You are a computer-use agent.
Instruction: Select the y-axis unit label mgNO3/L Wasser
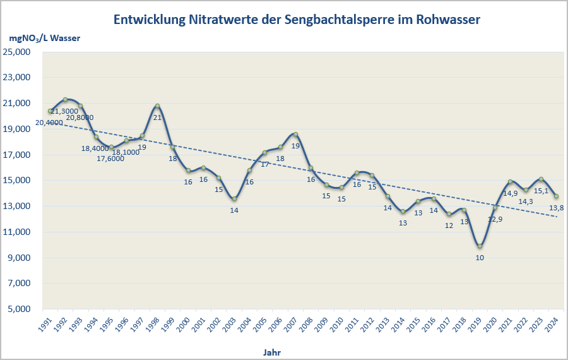click(44, 38)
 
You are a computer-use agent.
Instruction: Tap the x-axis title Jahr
click(273, 351)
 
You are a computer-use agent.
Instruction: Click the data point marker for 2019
click(480, 246)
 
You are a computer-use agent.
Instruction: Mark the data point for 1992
click(65, 100)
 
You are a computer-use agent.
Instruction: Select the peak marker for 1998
click(157, 106)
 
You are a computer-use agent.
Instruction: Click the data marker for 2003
click(234, 199)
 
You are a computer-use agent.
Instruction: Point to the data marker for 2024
click(556, 196)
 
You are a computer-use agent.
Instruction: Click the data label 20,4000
click(48, 123)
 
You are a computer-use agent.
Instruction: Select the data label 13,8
click(556, 208)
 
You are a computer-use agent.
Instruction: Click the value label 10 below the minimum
click(480, 258)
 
